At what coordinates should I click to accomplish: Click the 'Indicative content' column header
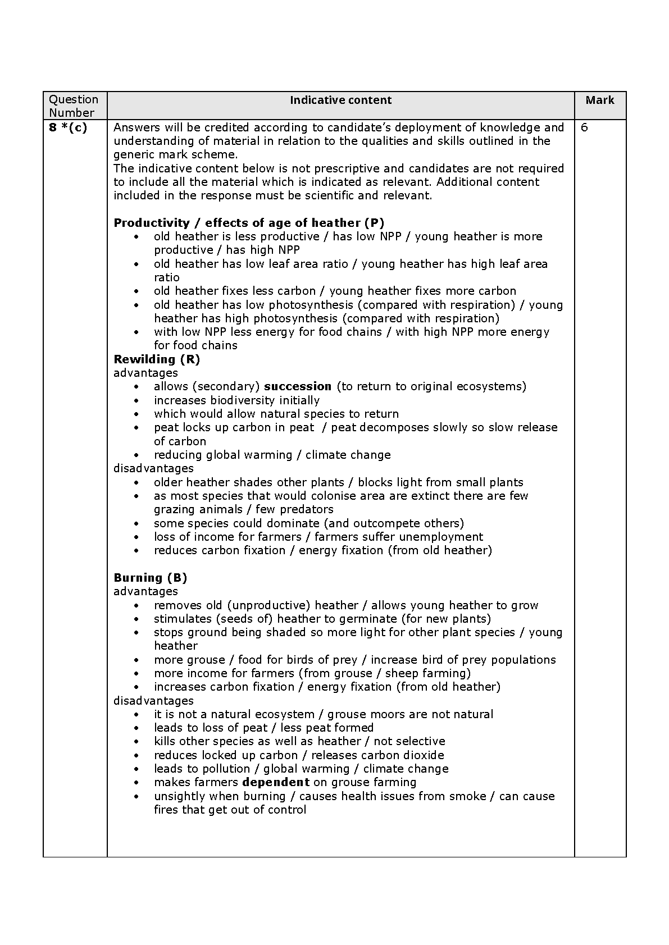[340, 101]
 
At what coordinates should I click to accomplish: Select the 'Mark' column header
[599, 101]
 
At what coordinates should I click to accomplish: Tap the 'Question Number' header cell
[73, 106]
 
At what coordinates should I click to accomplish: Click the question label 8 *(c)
[67, 127]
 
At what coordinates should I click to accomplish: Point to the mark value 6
[585, 127]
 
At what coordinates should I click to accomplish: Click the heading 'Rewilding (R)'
[157, 359]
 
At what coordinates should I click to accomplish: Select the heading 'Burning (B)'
[150, 578]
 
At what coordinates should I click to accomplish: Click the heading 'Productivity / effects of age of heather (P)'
[249, 223]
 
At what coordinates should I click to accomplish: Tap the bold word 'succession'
[298, 386]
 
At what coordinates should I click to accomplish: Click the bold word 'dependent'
[276, 782]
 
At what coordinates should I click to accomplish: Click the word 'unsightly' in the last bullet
[179, 796]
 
